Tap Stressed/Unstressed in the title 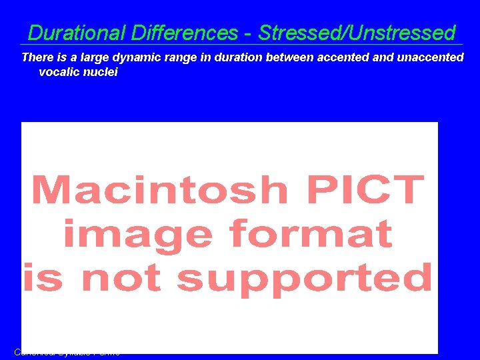(357, 33)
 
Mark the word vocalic (59, 72)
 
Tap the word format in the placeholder (310, 234)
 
